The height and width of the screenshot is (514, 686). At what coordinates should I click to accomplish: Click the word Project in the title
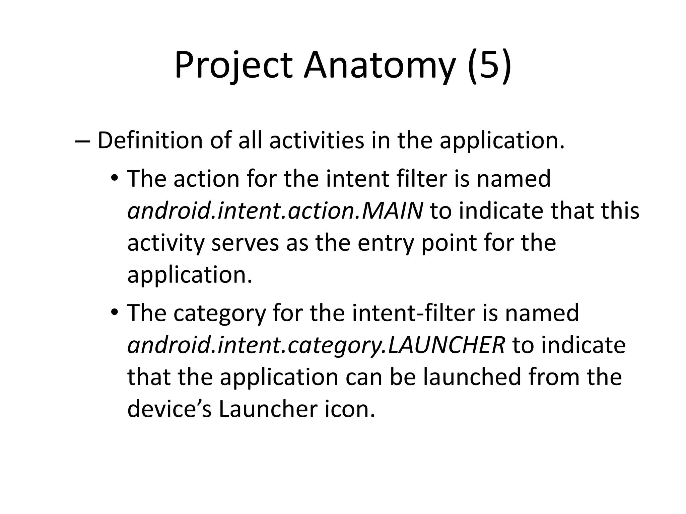233,65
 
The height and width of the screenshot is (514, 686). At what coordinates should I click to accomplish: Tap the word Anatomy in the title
380,65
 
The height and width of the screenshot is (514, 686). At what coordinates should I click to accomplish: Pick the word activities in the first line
317,141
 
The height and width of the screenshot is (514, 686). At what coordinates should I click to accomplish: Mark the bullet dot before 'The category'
115,312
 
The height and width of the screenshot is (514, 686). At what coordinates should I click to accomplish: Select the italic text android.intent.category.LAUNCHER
316,345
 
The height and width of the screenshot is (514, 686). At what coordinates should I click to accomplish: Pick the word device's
169,409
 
